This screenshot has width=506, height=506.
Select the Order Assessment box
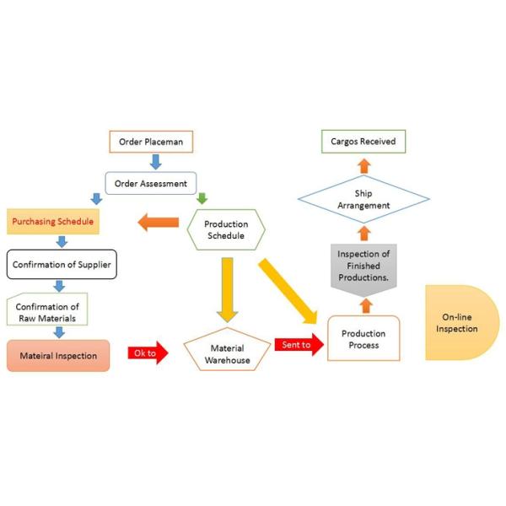click(151, 182)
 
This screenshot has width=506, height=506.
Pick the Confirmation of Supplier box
click(62, 265)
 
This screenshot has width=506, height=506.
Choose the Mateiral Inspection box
click(58, 355)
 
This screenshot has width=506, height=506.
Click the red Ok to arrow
click(147, 353)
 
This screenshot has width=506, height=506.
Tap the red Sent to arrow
click(298, 345)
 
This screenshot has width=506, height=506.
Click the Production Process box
click(363, 338)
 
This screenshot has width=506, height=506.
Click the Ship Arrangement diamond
click(363, 199)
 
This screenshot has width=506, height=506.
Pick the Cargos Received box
click(363, 142)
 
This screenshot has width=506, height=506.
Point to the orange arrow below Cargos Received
click(363, 164)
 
